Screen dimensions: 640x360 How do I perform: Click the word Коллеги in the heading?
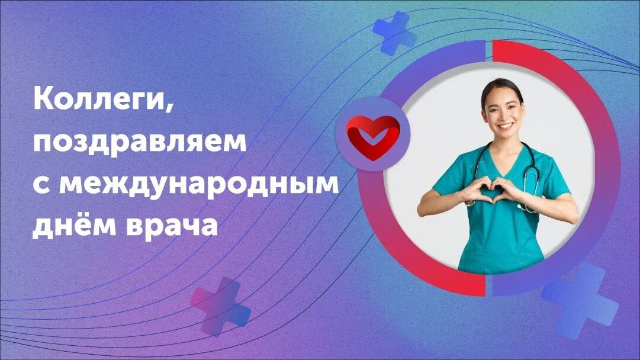99,99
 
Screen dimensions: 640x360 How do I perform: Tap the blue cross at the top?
394,33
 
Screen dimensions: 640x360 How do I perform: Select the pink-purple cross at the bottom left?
220,306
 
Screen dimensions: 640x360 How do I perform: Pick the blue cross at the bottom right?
580,300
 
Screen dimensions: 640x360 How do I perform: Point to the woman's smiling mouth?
505,126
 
